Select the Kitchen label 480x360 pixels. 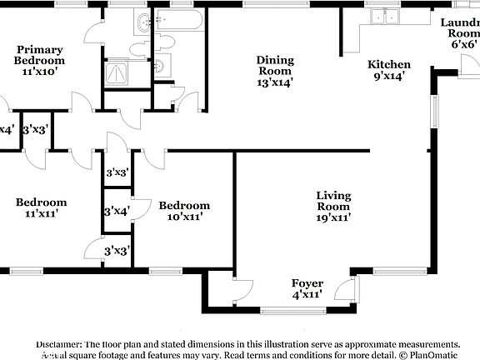[x=389, y=70]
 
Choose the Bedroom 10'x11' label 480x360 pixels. [x=184, y=211]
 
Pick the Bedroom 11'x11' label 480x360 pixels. [x=41, y=207]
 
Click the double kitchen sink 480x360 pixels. [x=384, y=17]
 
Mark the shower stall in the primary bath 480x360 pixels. [x=117, y=73]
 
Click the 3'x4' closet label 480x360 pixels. [x=116, y=212]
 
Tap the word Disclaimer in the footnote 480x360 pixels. [x=57, y=344]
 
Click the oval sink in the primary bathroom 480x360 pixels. [x=143, y=22]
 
